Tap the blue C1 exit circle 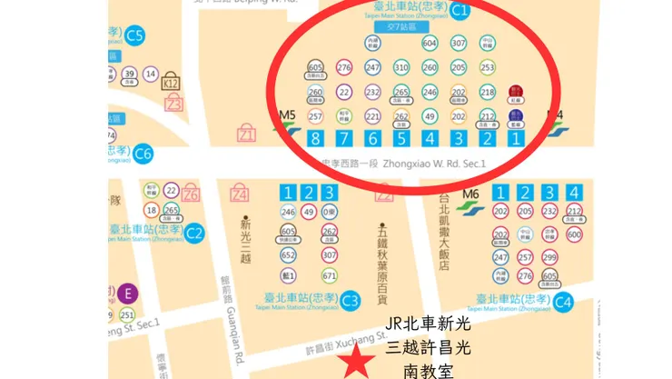(460, 11)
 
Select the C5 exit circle (135, 36)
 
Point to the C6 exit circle (143, 154)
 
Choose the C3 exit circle (351, 299)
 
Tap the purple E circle (127, 293)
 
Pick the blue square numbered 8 (315, 139)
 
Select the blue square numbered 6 (372, 139)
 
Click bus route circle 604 (430, 44)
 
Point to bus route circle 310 (401, 67)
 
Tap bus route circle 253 (488, 67)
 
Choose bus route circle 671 (330, 275)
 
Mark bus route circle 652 (289, 255)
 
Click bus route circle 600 (573, 234)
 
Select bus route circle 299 (549, 256)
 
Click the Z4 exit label (240, 194)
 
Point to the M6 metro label (469, 194)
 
